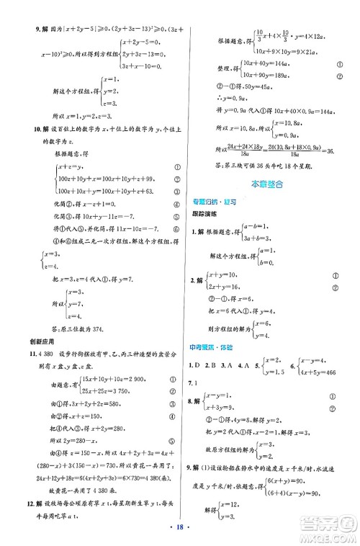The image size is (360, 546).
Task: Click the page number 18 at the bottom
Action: point(179,534)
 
